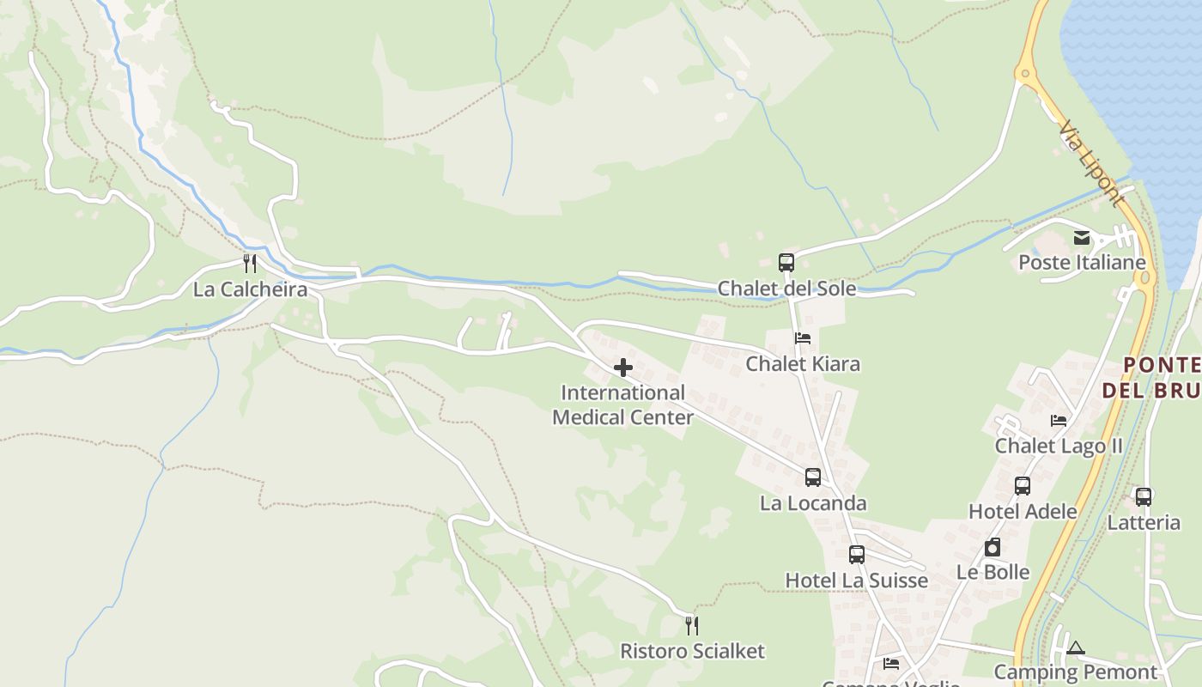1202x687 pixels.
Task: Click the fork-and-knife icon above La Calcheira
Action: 250,263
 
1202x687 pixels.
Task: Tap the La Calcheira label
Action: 250,289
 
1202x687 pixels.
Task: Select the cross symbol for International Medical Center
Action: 623,368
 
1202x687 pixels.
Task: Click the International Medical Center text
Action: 623,405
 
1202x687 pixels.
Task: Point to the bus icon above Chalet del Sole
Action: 786,263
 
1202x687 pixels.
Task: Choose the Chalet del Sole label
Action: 786,289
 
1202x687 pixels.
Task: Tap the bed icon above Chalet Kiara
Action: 803,338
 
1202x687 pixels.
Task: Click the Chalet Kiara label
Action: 803,364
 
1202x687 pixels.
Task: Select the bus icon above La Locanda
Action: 813,477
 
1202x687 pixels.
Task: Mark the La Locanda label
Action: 813,503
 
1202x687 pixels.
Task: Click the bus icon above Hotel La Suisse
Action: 857,555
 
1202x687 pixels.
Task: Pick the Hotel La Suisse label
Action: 857,581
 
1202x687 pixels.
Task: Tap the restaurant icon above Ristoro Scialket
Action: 692,625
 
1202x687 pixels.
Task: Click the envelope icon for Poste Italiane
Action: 1082,238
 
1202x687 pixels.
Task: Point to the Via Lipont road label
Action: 1091,164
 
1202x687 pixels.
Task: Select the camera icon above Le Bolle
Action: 993,547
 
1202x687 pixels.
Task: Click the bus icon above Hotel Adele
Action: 1023,486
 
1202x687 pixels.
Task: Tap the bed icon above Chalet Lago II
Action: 1059,421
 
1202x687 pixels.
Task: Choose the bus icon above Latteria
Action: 1144,496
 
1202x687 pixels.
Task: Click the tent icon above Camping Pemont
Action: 1076,647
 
